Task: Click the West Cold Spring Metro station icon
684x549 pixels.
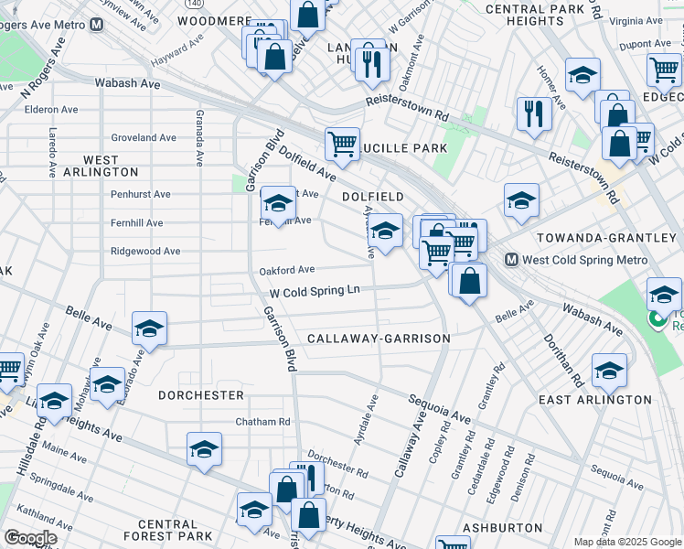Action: pyautogui.click(x=512, y=260)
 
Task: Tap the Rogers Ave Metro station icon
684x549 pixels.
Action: pyautogui.click(x=96, y=25)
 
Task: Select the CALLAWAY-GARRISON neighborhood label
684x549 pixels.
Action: pyautogui.click(x=379, y=339)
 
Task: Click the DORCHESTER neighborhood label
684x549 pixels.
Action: pyautogui.click(x=201, y=395)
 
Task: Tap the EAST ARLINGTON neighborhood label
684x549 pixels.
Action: pyautogui.click(x=594, y=400)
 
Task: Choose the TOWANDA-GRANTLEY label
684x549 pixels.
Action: pyautogui.click(x=605, y=238)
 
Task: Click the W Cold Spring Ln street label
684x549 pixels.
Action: pyautogui.click(x=314, y=292)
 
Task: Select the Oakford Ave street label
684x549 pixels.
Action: pyautogui.click(x=286, y=270)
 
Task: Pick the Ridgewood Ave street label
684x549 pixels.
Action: pyautogui.click(x=144, y=251)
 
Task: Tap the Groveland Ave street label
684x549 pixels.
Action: pyautogui.click(x=143, y=138)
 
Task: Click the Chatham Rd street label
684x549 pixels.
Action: pyautogui.click(x=262, y=422)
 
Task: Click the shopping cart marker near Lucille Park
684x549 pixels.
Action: pyautogui.click(x=342, y=144)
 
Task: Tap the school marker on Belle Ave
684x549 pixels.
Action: pyautogui.click(x=150, y=329)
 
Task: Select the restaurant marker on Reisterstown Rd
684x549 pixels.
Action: pyautogui.click(x=533, y=114)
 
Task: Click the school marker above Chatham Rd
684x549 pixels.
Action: pyautogui.click(x=205, y=449)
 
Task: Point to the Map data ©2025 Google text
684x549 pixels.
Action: pyautogui.click(x=626, y=542)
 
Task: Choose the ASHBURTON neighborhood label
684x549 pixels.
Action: pyautogui.click(x=502, y=528)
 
